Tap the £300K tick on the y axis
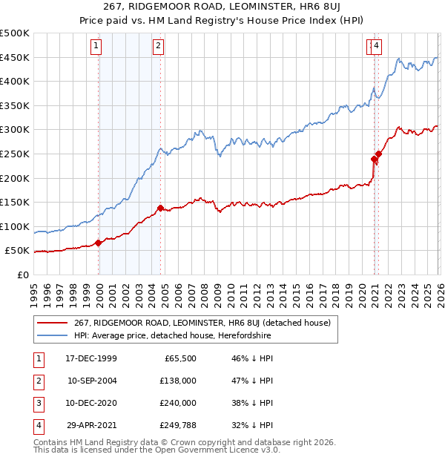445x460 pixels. [15, 130]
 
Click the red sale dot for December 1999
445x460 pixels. [99, 243]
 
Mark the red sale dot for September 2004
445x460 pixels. [160, 208]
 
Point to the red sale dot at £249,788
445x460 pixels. [378, 154]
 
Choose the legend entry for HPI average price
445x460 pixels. [172, 335]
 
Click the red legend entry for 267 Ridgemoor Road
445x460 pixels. [206, 323]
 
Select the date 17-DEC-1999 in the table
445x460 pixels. [91, 358]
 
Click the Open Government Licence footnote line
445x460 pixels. [157, 450]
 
